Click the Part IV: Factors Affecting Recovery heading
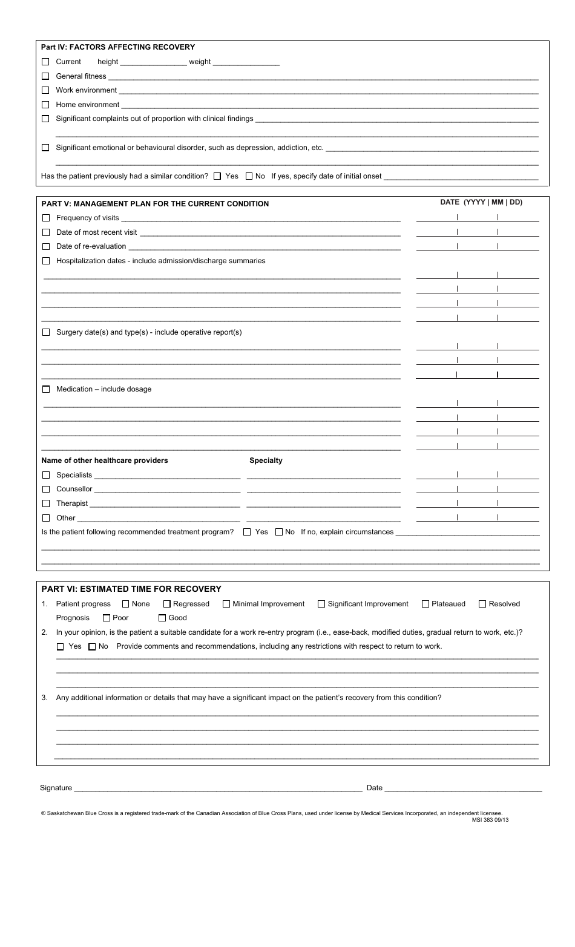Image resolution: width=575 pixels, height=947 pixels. pos(118,47)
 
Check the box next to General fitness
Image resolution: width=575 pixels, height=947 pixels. pos(45,76)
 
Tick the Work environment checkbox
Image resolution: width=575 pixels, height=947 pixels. pos(45,90)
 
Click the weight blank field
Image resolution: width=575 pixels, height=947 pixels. pos(246,62)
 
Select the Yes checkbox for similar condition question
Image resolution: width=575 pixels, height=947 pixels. pos(217,176)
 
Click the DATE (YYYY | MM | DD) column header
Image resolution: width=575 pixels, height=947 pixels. pos(481,203)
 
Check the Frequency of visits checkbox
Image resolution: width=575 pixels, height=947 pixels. pos(46,218)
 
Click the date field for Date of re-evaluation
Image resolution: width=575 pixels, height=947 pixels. pos(478,246)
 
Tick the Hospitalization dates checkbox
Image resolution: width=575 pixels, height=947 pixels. pos(46,261)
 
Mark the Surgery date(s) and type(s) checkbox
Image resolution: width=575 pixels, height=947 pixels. pos(46,332)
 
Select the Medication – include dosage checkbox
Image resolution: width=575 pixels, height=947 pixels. pos(46,389)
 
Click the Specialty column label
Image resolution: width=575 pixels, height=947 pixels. pos(266,460)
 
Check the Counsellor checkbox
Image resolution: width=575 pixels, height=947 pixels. pos(46,489)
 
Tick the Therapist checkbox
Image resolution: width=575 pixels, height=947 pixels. pos(46,503)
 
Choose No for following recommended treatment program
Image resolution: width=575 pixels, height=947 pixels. pos(279,532)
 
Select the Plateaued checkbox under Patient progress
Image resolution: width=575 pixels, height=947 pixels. pos(425,604)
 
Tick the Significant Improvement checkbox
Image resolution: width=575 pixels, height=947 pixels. pos(322,604)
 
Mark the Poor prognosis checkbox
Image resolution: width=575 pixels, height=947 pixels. pos(107,618)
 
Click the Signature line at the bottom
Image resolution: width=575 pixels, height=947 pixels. pos(218,787)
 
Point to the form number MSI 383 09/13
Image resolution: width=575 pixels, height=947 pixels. pos(490,820)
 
